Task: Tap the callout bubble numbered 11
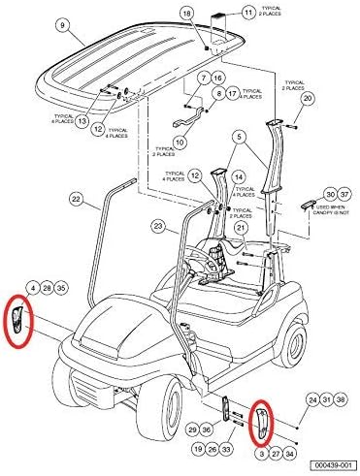point(248,13)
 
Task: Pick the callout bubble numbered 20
point(308,100)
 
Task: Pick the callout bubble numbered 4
point(33,289)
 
